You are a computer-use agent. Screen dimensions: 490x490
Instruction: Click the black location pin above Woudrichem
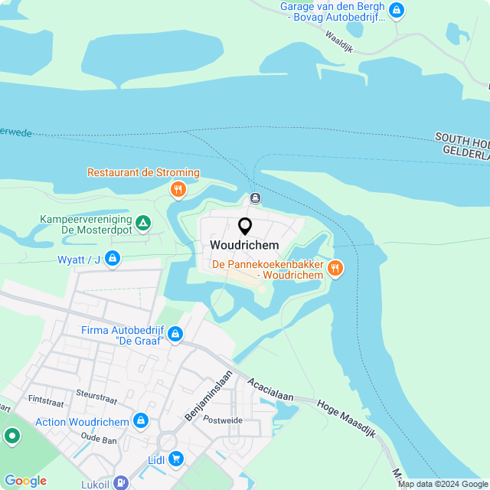[x=245, y=226]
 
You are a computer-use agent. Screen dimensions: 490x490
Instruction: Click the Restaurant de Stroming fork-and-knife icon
[x=178, y=189]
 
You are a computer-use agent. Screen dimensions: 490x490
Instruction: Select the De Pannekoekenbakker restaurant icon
[x=335, y=268]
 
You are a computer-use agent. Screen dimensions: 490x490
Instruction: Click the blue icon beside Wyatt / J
[x=113, y=259]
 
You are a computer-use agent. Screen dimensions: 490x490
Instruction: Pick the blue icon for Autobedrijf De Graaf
[x=175, y=334]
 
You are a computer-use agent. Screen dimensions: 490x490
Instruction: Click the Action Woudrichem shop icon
[x=140, y=421]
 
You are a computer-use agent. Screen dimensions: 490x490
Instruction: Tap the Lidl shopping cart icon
[x=176, y=459]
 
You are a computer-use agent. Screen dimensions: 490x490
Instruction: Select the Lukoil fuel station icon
[x=120, y=483]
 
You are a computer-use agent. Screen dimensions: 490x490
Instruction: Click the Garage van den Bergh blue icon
[x=396, y=10]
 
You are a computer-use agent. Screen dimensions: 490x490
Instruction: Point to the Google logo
[x=25, y=481]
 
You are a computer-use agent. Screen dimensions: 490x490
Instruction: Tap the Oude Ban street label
[x=98, y=439]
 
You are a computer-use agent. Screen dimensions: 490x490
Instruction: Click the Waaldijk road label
[x=337, y=36]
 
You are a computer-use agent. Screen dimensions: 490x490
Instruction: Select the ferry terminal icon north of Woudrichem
[x=255, y=198]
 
